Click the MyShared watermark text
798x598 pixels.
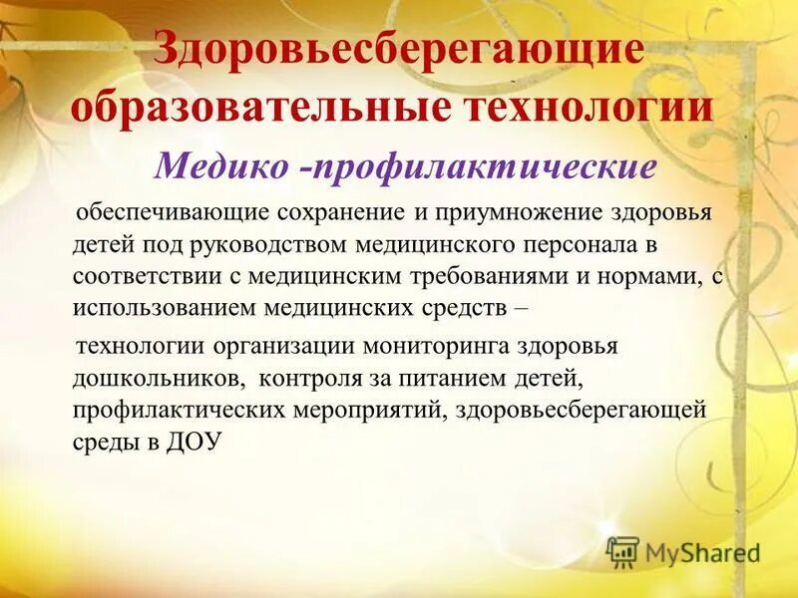tap(702, 551)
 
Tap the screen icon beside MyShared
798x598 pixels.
tap(622, 551)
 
